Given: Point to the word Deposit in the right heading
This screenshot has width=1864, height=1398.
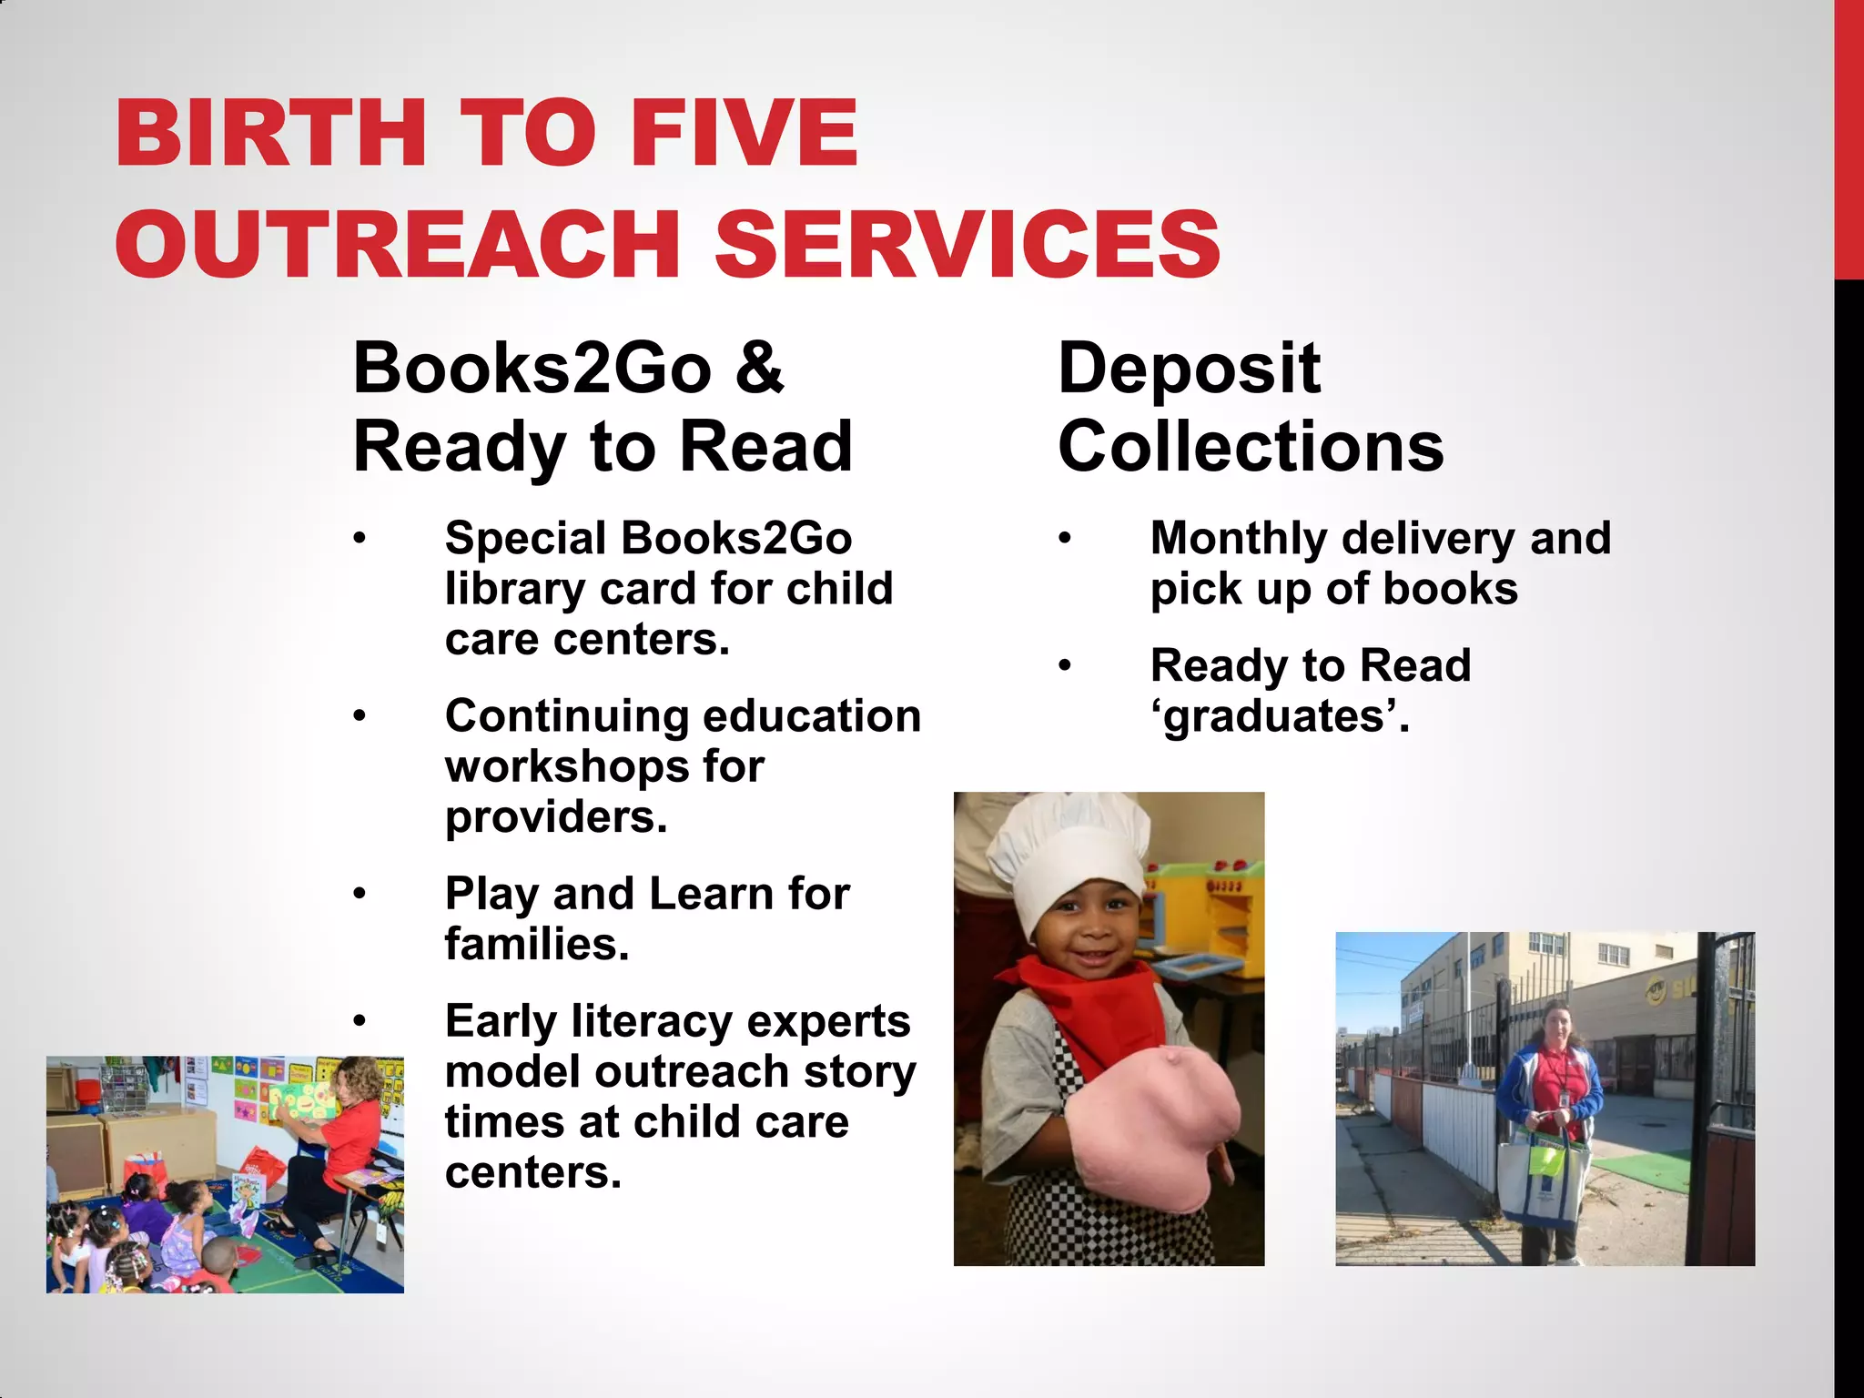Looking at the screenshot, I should point(1189,370).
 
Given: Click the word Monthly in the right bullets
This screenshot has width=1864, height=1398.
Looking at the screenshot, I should point(1239,539).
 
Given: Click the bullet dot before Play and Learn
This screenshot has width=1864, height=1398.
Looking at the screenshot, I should point(360,894).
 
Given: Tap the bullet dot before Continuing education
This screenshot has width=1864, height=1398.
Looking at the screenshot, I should point(360,716).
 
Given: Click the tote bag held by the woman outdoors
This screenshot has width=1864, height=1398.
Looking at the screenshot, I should point(1544,1179).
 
